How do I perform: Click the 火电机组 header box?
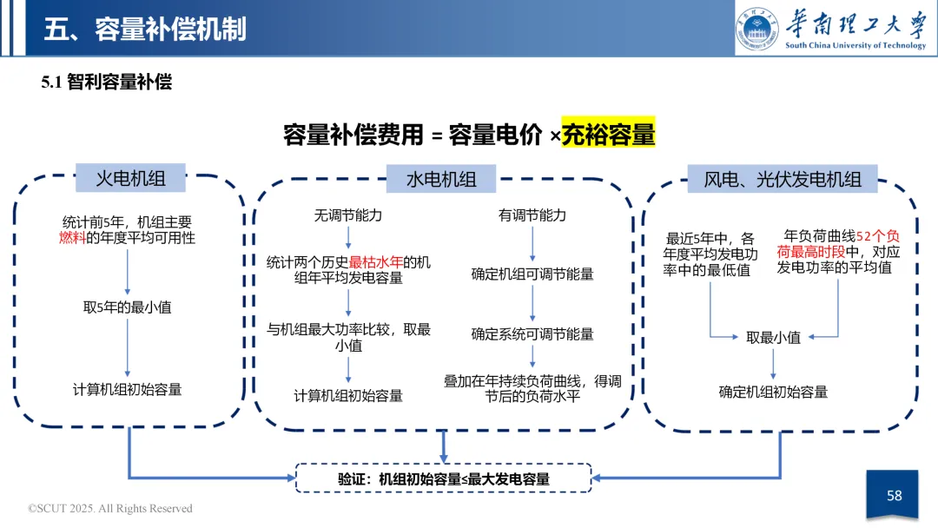(x=129, y=179)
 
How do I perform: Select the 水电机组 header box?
(x=441, y=179)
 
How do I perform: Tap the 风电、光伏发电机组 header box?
(x=782, y=179)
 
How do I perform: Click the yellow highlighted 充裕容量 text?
(x=608, y=135)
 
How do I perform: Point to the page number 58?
(x=894, y=496)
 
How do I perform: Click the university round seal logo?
(x=758, y=29)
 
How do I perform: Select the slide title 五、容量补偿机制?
(x=145, y=29)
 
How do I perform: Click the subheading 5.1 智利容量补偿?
(x=107, y=82)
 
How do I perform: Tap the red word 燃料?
(x=72, y=237)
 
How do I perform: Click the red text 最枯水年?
(x=375, y=261)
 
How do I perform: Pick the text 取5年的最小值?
(x=127, y=307)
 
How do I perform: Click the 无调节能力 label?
(x=347, y=214)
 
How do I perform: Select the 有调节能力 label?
(x=532, y=214)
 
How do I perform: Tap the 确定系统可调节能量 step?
(x=532, y=333)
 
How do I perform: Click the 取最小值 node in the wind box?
(x=773, y=338)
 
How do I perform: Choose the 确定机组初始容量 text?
(x=773, y=392)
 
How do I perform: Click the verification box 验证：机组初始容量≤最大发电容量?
(x=443, y=478)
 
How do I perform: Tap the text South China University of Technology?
(x=855, y=45)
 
